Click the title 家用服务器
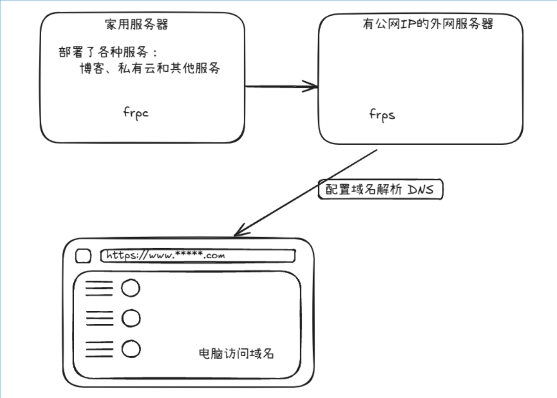136,24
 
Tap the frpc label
136,113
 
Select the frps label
382,114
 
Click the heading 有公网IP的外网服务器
428,24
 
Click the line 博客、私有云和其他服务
149,69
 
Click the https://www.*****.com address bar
198,256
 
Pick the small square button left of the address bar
83,256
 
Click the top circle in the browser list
130,288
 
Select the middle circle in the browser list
130,318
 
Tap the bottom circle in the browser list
130,349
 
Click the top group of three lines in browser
99,288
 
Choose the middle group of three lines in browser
99,318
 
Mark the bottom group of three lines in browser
99,349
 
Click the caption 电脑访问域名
236,354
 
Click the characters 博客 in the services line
90,69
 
